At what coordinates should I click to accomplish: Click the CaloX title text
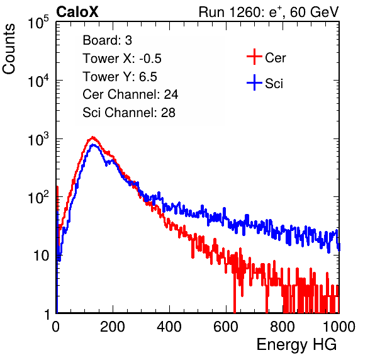77,12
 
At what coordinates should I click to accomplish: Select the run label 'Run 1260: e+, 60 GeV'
269,12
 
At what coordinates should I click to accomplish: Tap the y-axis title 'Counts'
9,49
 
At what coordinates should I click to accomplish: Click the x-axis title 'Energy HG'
296,345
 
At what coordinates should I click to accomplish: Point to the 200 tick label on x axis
113,327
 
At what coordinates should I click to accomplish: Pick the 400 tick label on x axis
169,327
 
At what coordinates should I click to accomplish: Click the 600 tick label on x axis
226,327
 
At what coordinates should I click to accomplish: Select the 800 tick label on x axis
283,327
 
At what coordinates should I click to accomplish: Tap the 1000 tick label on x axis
339,327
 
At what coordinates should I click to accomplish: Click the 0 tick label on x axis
56,327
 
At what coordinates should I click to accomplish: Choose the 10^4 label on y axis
38,81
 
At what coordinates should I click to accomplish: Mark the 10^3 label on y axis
38,139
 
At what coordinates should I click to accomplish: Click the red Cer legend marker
254,57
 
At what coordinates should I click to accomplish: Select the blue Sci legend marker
254,83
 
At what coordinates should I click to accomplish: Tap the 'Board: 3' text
107,40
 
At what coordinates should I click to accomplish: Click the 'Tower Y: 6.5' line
120,77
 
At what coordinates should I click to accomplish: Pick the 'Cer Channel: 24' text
130,94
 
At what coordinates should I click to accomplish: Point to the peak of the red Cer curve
92,137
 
